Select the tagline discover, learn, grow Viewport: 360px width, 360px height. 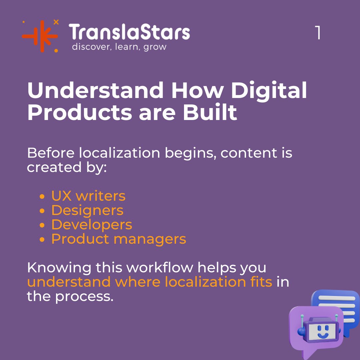pos(119,47)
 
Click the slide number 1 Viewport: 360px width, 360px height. pos(318,33)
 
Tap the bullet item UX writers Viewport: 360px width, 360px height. pos(88,196)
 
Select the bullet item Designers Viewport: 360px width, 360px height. pos(87,210)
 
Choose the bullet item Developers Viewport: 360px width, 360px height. pos(92,225)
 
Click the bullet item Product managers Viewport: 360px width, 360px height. pos(119,239)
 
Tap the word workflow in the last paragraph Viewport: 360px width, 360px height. pos(158,268)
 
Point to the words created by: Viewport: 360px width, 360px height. pos(67,167)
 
